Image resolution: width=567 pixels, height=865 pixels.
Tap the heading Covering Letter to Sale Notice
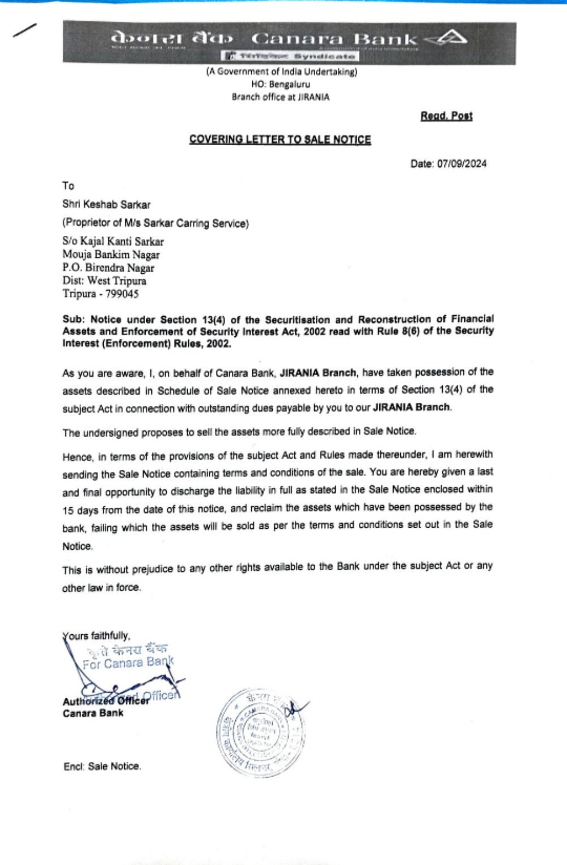(280, 139)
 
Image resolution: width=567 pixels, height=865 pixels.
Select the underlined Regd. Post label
(446, 116)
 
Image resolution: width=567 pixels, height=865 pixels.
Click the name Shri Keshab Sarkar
(107, 204)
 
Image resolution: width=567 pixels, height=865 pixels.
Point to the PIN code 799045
(122, 294)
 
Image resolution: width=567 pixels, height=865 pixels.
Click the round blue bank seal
(261, 732)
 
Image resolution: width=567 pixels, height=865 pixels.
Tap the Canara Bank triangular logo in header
(447, 39)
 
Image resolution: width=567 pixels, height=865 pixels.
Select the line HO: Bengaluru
(281, 84)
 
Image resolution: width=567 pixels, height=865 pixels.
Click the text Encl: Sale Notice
(102, 766)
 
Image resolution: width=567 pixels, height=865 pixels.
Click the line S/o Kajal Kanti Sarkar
(113, 241)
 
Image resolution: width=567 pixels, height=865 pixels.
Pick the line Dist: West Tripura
(104, 281)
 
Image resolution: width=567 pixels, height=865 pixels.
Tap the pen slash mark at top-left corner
(25, 30)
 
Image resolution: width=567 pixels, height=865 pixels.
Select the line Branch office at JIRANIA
(280, 97)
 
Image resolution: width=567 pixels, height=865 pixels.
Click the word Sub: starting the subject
(74, 319)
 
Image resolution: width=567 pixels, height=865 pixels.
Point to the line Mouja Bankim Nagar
(111, 255)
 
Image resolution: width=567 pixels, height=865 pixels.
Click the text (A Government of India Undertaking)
(281, 72)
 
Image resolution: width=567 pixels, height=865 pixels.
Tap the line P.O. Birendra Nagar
(108, 268)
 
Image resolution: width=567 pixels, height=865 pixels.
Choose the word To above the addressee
(68, 186)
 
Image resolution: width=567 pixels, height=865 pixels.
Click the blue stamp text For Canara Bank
(128, 662)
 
